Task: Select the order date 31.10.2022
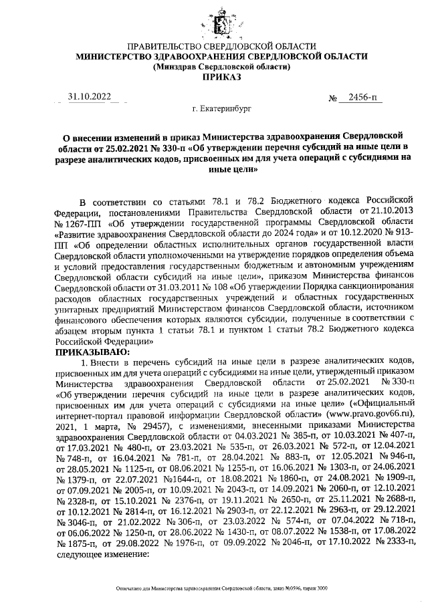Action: coord(90,97)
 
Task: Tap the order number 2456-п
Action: coord(357,99)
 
